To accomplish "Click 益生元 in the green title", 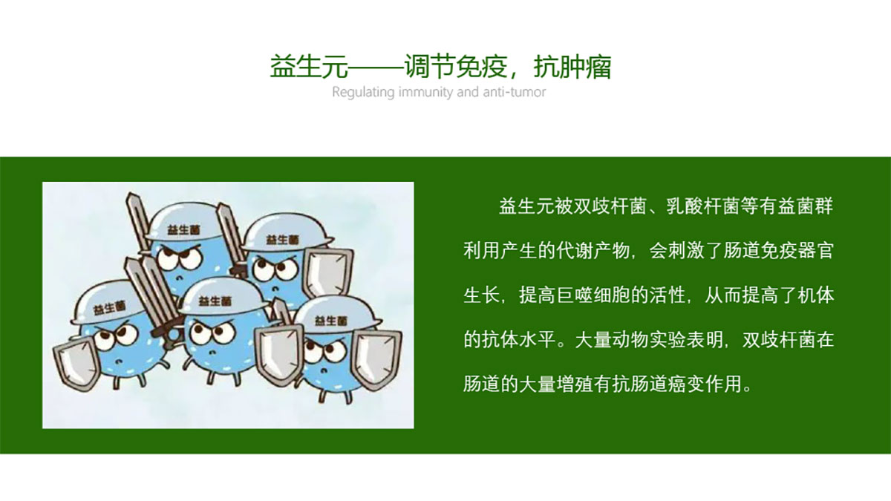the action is [309, 66].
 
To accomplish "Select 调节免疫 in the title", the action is [456, 66].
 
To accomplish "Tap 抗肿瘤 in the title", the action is [572, 66].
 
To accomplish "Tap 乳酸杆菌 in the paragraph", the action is [703, 206].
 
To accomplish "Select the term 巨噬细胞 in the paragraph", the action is [593, 295].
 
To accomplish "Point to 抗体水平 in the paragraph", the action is [518, 340].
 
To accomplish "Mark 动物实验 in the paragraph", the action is [649, 340].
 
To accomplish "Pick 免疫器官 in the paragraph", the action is [796, 251].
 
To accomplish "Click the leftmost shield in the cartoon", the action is [76, 363].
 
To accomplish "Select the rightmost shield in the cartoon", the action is [376, 360].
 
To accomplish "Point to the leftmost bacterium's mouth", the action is [119, 361].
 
